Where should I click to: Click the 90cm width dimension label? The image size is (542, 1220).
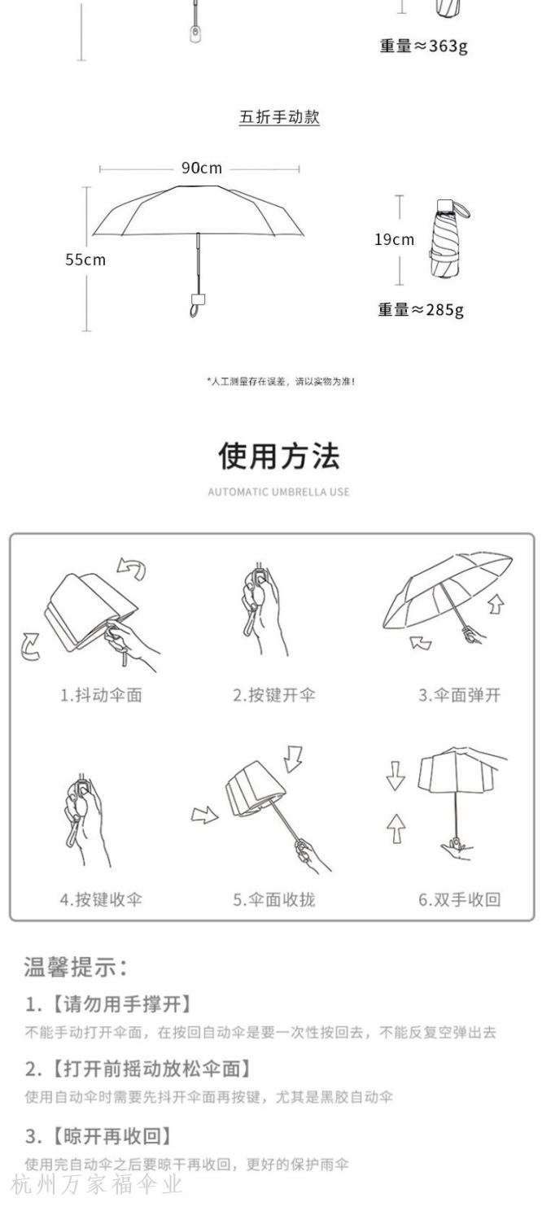(202, 168)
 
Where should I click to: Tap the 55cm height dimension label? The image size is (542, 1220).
(85, 260)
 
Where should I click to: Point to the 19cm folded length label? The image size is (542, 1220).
(394, 239)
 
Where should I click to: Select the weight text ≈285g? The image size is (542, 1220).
(421, 310)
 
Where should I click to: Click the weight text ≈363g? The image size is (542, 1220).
(423, 46)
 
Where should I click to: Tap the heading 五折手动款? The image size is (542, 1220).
(279, 116)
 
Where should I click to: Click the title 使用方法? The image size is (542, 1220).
(279, 456)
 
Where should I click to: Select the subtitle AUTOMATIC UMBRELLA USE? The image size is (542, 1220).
(278, 492)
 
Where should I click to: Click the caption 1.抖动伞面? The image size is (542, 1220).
(101, 695)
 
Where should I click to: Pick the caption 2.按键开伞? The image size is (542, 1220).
(274, 695)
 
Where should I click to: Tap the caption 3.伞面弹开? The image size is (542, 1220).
(459, 695)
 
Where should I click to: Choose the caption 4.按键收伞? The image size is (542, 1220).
(101, 899)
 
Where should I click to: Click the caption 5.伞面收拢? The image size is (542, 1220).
(274, 899)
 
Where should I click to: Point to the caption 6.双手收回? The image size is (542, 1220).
(459, 899)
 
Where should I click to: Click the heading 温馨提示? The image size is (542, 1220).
(75, 967)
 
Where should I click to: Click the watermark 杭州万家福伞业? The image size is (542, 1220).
(96, 1185)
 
